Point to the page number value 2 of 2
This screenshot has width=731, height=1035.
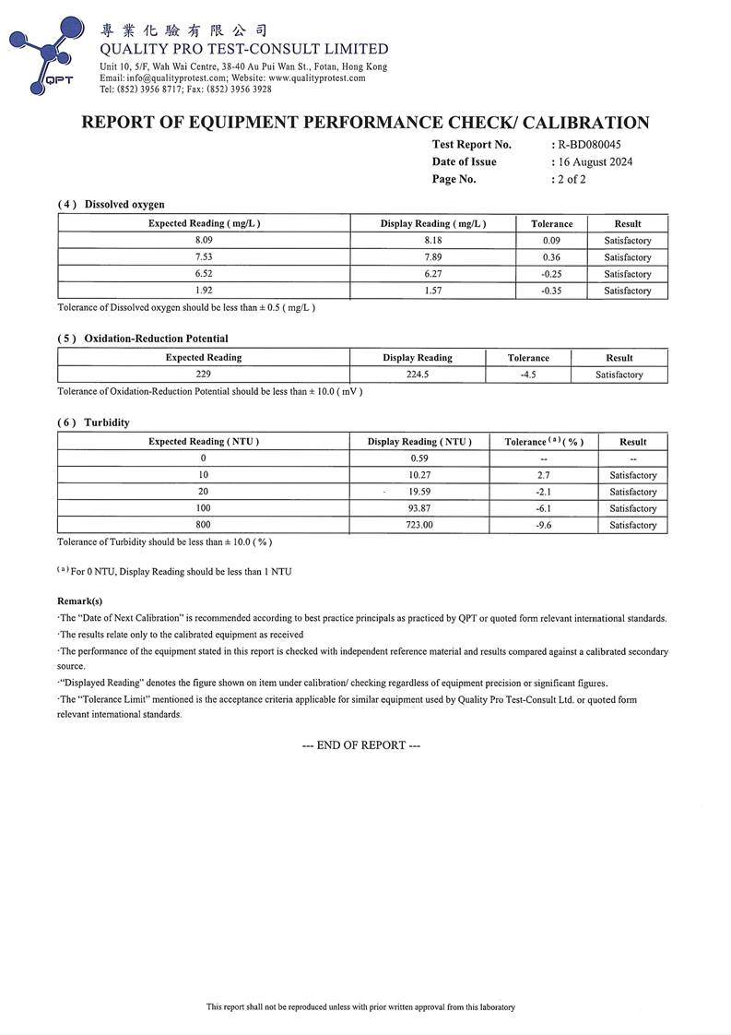tap(571, 179)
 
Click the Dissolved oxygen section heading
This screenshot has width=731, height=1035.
tap(124, 204)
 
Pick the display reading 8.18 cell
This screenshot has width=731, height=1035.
tap(432, 241)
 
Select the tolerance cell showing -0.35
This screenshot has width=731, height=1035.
tap(552, 291)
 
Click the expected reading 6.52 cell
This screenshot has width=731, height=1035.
tap(203, 274)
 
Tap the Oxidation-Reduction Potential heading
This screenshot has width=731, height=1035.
tap(156, 339)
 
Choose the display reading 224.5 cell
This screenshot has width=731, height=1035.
tap(418, 375)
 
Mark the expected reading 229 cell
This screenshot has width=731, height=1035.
tap(203, 375)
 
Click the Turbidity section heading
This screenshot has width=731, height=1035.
tap(107, 422)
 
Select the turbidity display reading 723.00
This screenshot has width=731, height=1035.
tap(419, 525)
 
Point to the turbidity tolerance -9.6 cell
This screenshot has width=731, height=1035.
tap(544, 525)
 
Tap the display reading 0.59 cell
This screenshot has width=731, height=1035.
tap(419, 458)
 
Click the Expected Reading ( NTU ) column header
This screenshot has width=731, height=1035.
tap(203, 442)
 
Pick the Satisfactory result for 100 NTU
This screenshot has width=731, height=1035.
tap(632, 508)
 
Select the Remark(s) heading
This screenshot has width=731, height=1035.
tap(79, 601)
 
